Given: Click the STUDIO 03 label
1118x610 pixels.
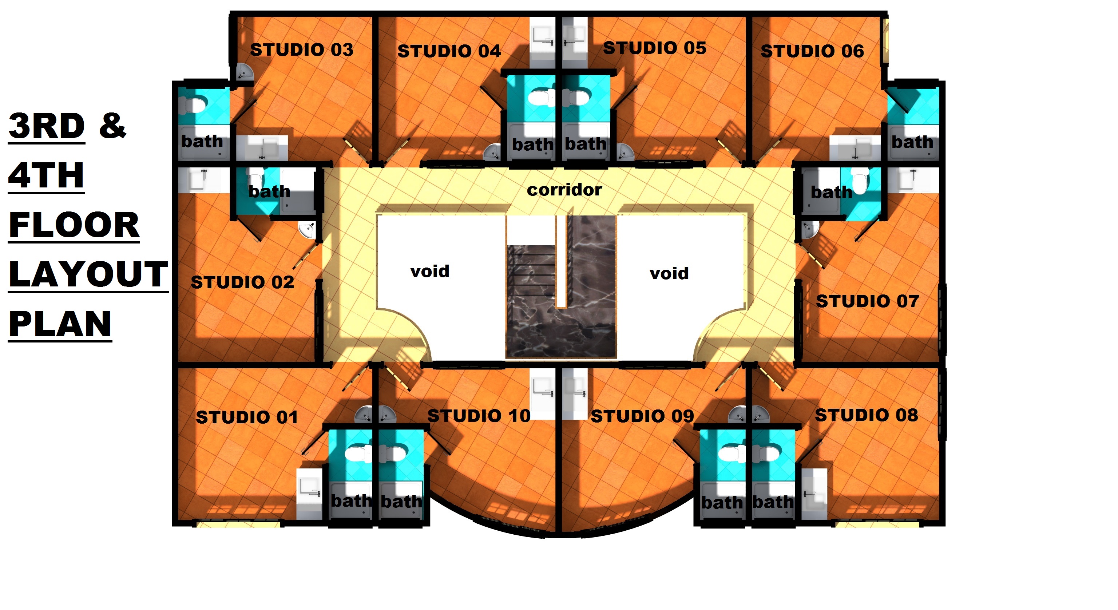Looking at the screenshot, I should (x=302, y=49).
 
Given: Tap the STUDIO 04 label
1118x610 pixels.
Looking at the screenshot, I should (x=449, y=51).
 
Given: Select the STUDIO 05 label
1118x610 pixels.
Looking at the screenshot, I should (x=654, y=48).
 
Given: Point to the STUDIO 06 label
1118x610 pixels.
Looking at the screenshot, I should (x=812, y=51).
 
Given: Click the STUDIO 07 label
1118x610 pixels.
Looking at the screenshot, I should (x=867, y=301).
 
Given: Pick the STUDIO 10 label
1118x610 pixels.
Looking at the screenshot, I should (x=479, y=416).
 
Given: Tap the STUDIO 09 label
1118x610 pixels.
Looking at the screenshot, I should (x=642, y=416).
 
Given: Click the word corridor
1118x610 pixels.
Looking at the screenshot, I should (x=564, y=190).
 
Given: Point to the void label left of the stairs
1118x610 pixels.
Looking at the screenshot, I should (x=430, y=272).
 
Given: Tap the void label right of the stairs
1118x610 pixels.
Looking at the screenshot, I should (x=669, y=274).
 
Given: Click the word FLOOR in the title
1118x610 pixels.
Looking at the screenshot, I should (x=74, y=225).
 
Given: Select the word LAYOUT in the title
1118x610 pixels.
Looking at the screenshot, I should (x=88, y=275).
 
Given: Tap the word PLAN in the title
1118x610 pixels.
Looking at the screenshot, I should (x=60, y=324).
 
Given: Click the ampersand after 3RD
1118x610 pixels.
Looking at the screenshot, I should (x=112, y=126).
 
